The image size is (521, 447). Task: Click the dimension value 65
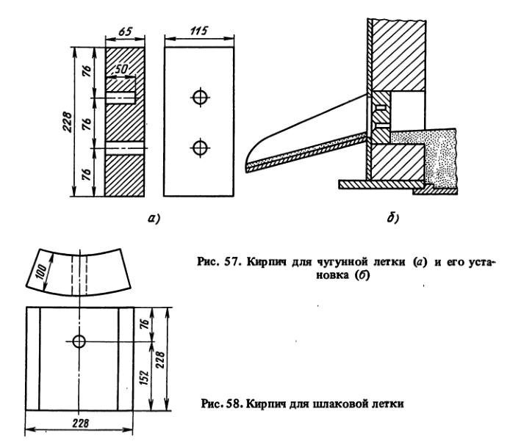click(x=125, y=31)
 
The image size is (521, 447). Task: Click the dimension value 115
click(x=199, y=31)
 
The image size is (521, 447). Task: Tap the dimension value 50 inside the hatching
click(x=121, y=69)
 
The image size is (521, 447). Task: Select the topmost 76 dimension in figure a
click(x=87, y=72)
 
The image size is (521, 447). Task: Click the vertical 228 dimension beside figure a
click(x=67, y=122)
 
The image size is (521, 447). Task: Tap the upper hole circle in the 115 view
click(x=201, y=97)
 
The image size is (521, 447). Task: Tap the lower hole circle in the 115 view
click(x=201, y=148)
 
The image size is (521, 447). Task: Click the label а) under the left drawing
click(x=154, y=218)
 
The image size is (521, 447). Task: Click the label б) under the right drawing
click(x=393, y=218)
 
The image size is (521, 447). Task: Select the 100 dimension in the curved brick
click(x=42, y=272)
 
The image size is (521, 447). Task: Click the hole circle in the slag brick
click(x=79, y=341)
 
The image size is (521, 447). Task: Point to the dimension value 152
click(x=144, y=377)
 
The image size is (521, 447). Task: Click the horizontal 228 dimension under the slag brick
click(x=80, y=423)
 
